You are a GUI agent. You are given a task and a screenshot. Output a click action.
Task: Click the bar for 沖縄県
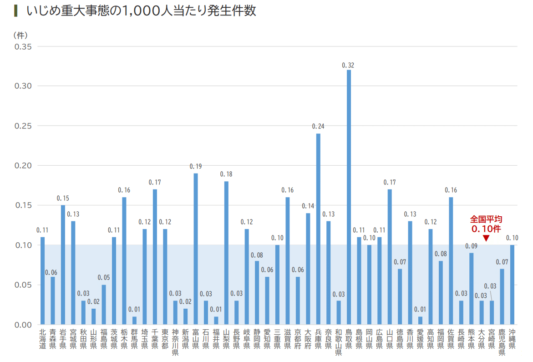[512, 285]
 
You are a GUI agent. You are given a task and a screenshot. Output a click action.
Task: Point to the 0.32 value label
[348, 66]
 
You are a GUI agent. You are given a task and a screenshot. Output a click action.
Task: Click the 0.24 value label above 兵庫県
[318, 126]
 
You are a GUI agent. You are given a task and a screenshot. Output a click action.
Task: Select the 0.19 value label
[196, 166]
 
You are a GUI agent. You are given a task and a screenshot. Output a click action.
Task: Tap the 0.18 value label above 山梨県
[226, 174]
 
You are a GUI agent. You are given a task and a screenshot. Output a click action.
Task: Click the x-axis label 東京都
[165, 339]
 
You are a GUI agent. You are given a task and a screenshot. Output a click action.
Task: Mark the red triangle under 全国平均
[486, 238]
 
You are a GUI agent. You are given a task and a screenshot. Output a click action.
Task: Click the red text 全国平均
[486, 219]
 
